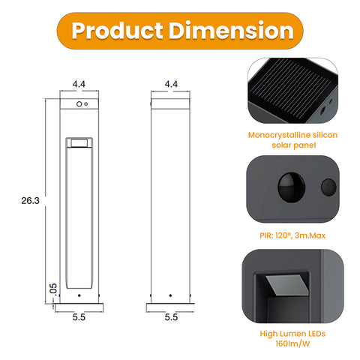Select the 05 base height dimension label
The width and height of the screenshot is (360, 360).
click(52, 288)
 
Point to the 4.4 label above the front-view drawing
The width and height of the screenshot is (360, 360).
click(79, 85)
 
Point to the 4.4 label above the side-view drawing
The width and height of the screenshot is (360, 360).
click(170, 85)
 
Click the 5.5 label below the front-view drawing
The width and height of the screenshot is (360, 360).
click(79, 317)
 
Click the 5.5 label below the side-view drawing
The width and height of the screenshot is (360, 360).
click(170, 317)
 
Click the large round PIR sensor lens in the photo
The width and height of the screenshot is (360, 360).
click(287, 185)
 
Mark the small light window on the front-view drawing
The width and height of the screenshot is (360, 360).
click(79, 142)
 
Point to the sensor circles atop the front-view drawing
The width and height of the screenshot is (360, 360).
click(82, 104)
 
